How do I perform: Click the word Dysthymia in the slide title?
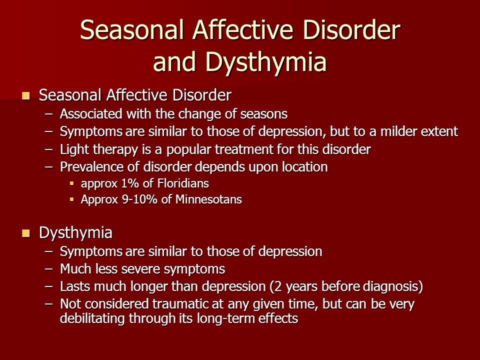[266, 62]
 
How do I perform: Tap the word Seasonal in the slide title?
[132, 29]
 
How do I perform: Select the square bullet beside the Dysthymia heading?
[26, 233]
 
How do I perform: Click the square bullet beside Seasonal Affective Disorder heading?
[26, 96]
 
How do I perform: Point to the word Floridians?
[183, 183]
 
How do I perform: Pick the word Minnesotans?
[208, 199]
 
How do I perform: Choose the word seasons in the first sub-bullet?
[264, 114]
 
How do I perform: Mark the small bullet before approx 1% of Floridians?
[72, 184]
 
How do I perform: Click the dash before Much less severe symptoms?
[48, 269]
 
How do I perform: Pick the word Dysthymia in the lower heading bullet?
[75, 233]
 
